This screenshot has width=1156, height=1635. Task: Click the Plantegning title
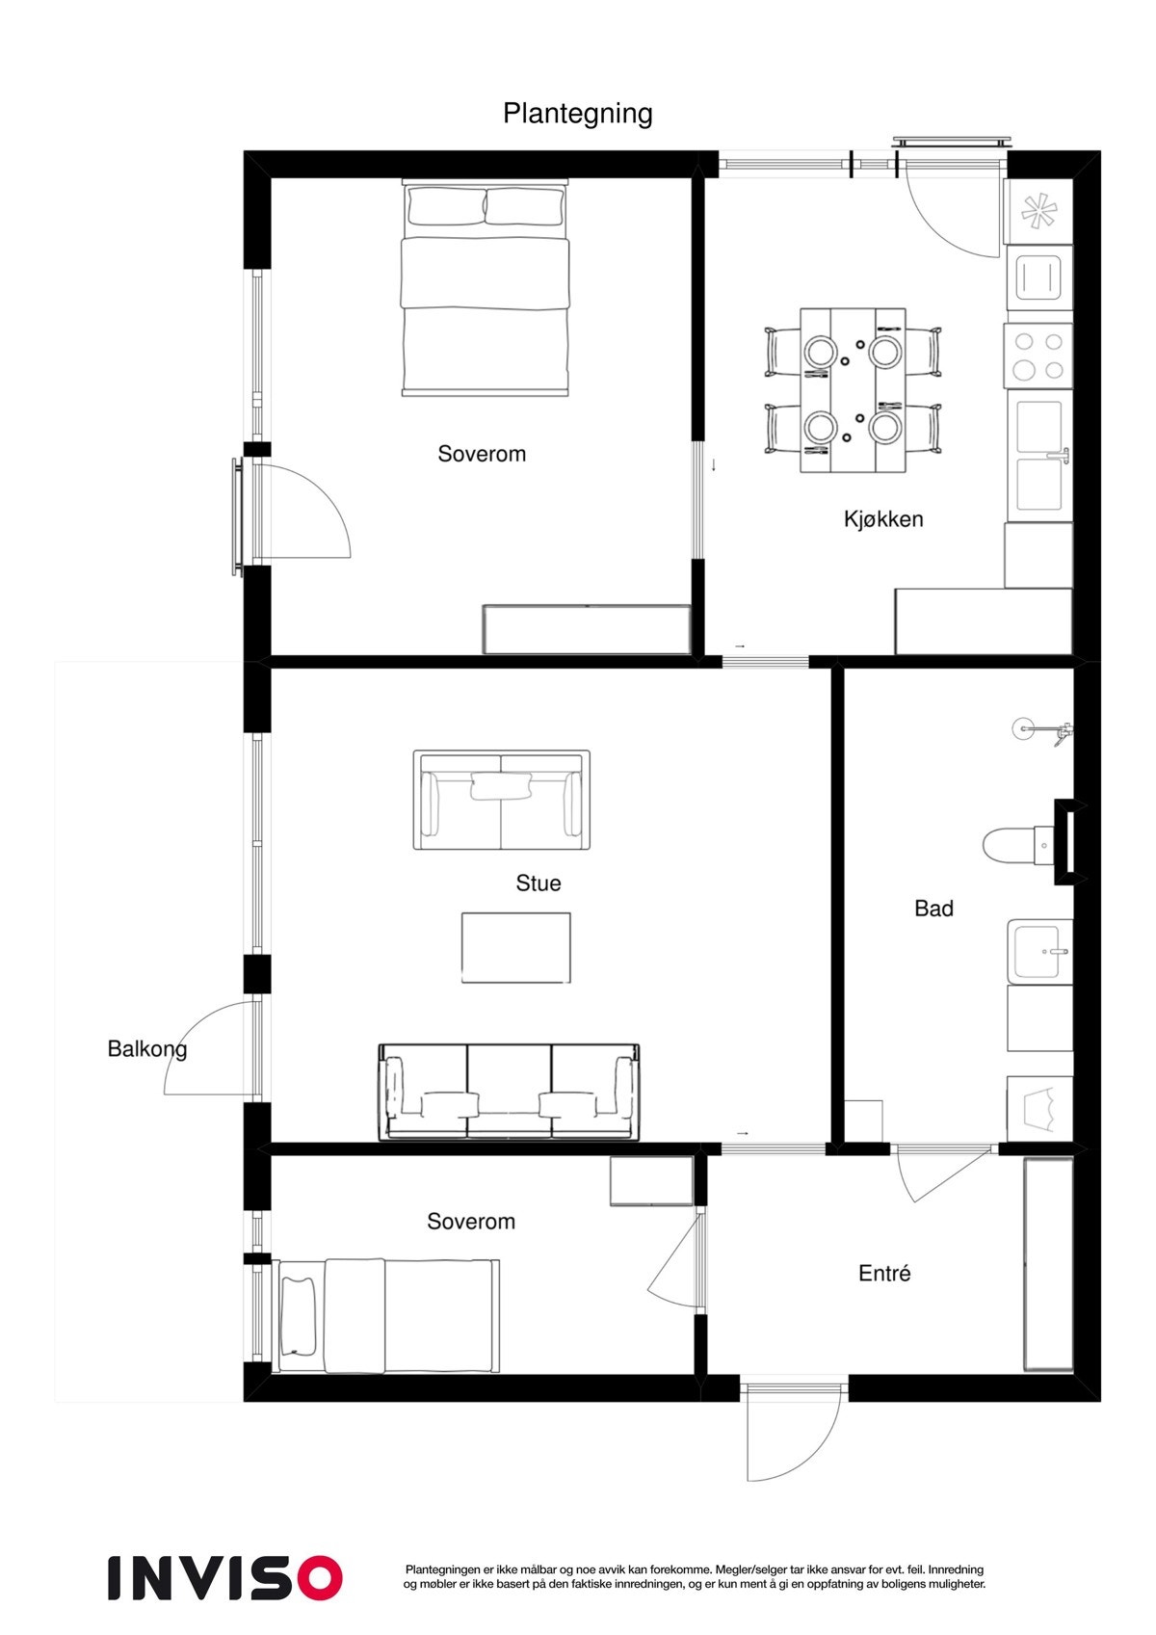tap(578, 114)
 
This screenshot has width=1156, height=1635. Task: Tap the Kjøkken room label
tap(883, 519)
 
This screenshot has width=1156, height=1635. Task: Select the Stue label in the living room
tap(539, 883)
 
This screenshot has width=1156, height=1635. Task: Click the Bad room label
tap(933, 908)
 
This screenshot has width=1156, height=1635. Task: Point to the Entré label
tap(884, 1273)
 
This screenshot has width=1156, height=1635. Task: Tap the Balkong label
tap(146, 1048)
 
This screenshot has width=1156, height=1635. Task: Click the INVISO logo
tap(224, 1577)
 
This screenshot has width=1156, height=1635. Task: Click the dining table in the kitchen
tap(854, 390)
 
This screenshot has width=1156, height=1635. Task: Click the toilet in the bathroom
tap(1011, 845)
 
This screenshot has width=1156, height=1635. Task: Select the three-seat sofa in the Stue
tap(509, 1092)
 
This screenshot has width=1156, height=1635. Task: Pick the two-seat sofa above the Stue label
tap(501, 800)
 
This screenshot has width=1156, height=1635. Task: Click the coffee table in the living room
tap(515, 947)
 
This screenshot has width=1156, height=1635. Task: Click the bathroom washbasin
tap(1039, 951)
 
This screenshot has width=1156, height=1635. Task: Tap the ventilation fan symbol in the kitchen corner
tap(1038, 211)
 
